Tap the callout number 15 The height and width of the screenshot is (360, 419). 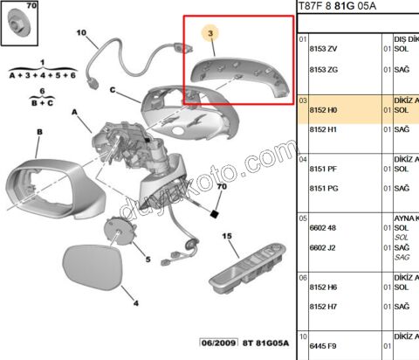coord(227,236)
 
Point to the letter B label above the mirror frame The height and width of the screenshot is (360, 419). coord(39,132)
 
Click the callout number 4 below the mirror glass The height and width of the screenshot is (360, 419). coord(134,303)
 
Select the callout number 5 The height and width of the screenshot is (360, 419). coord(148,260)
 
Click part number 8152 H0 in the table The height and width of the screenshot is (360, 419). coord(324,111)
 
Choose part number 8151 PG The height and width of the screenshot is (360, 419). coord(324,188)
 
